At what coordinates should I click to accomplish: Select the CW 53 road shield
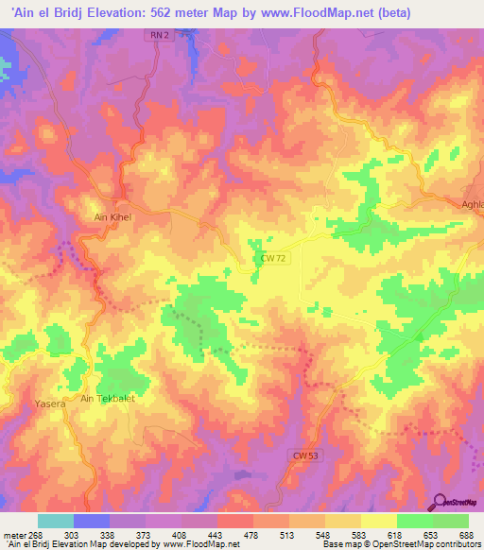(x=301, y=455)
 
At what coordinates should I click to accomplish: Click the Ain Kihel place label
(x=112, y=216)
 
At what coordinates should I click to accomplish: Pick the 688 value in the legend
(x=465, y=534)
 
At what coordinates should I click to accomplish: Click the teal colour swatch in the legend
(x=56, y=521)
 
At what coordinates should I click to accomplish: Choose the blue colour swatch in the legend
(x=92, y=521)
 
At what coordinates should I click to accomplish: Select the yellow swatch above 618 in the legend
(x=378, y=521)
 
